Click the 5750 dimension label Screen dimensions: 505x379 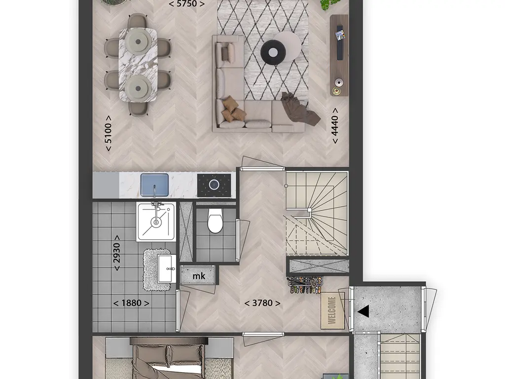[186, 4]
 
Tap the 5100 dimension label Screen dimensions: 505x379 [108, 133]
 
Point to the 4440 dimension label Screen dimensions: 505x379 [335, 126]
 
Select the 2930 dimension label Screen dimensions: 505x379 [116, 253]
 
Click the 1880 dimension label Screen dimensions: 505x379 [131, 303]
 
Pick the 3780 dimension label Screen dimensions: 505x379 [262, 303]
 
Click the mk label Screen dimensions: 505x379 [199, 276]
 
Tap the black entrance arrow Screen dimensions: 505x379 [363, 311]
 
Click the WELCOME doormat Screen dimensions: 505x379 [332, 311]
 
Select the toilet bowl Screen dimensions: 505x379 [215, 221]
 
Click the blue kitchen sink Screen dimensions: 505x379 [154, 185]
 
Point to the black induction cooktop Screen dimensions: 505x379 [214, 185]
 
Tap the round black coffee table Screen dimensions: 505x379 [273, 52]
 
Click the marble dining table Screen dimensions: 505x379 [138, 65]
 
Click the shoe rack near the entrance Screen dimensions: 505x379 [305, 285]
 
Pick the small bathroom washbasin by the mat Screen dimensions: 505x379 [167, 268]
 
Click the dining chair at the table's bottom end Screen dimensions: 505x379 [139, 109]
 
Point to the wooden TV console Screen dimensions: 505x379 [339, 55]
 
